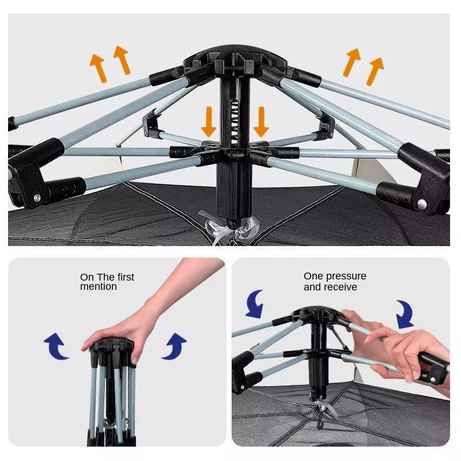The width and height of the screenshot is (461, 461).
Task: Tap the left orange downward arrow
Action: [x=209, y=122]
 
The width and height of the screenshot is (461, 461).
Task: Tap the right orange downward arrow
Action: [x=261, y=122]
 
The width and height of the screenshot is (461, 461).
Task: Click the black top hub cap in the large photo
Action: [x=235, y=58]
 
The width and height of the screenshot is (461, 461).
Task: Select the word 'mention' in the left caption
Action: [x=98, y=286]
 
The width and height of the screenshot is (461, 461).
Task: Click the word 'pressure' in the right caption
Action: [x=346, y=277]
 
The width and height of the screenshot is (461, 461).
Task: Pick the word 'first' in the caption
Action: [x=126, y=277]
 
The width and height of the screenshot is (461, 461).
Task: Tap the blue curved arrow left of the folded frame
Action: [x=56, y=347]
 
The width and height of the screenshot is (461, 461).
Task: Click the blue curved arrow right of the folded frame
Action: [x=175, y=347]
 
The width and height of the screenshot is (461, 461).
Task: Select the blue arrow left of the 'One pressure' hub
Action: [x=255, y=304]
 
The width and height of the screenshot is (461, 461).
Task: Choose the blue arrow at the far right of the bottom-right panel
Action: [x=405, y=315]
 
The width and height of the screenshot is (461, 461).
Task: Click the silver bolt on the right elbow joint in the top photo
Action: [x=422, y=203]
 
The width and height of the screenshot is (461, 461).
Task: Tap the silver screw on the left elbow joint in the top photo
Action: [x=37, y=198]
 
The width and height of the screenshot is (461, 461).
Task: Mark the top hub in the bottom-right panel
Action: [x=318, y=314]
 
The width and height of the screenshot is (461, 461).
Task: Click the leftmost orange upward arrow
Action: [x=98, y=68]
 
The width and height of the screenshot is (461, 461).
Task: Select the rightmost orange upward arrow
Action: [x=375, y=71]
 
